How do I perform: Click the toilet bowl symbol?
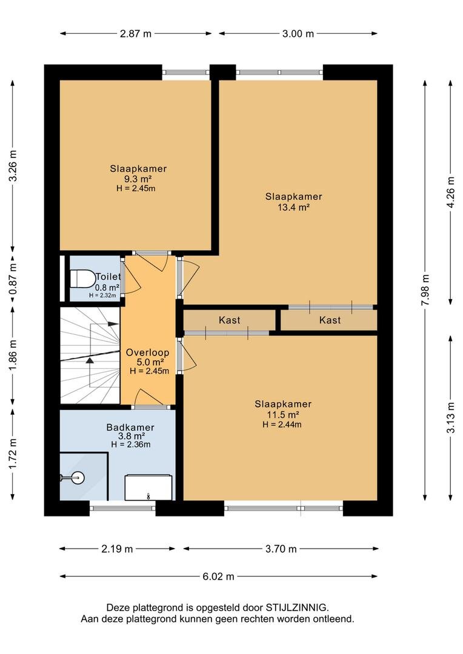(x=82, y=279)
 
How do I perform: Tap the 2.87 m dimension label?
(x=136, y=34)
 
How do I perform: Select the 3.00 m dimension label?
(x=298, y=34)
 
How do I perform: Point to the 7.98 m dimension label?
(x=425, y=289)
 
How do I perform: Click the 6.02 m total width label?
(x=218, y=576)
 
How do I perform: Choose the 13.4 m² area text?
(x=293, y=207)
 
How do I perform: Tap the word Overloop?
(x=147, y=352)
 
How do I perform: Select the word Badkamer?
(x=130, y=427)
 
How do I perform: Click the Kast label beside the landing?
(x=230, y=320)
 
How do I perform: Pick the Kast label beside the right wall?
(x=330, y=320)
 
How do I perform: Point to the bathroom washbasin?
(x=148, y=487)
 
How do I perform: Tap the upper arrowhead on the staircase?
(x=113, y=323)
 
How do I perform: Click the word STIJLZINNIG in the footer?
(x=298, y=607)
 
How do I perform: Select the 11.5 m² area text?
(x=283, y=415)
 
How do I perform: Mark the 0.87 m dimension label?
(x=13, y=279)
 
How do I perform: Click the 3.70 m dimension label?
(x=281, y=549)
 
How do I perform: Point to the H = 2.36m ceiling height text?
(x=131, y=444)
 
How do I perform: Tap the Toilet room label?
(x=108, y=276)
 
